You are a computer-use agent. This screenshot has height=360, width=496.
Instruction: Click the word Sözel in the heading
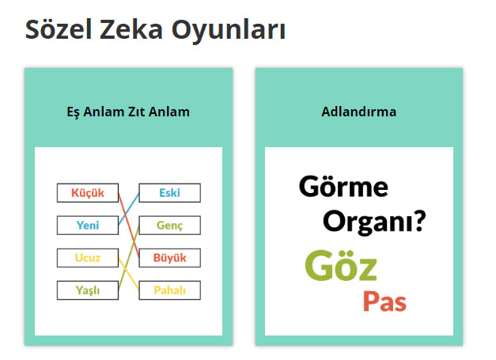[59, 29]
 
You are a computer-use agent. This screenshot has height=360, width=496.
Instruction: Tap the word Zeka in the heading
[131, 29]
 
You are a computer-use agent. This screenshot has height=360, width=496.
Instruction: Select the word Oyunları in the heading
[229, 31]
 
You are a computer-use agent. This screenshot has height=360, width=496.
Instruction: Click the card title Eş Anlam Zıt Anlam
[128, 112]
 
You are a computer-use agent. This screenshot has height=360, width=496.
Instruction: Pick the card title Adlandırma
[358, 112]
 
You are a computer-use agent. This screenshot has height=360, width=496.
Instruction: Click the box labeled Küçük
[88, 192]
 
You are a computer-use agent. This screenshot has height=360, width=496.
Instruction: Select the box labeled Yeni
[88, 225]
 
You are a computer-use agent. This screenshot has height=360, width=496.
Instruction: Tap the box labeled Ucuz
[88, 258]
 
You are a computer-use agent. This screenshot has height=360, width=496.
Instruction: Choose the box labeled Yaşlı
[88, 290]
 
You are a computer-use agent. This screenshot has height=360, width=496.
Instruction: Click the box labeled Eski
[169, 192]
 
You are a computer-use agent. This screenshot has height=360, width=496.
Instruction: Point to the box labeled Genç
[169, 225]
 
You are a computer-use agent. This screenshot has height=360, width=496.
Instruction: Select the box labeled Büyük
[169, 258]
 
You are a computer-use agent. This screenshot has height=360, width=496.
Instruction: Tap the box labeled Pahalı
[169, 290]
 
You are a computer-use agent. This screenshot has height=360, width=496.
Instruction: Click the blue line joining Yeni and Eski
[129, 209]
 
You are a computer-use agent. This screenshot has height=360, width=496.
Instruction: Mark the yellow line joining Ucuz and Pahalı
[129, 274]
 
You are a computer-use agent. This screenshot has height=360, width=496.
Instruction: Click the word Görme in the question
[343, 187]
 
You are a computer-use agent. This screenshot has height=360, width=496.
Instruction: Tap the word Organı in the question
[369, 222]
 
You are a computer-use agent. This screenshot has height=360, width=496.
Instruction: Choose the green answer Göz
[341, 265]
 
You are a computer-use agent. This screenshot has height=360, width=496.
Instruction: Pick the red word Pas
[384, 301]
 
